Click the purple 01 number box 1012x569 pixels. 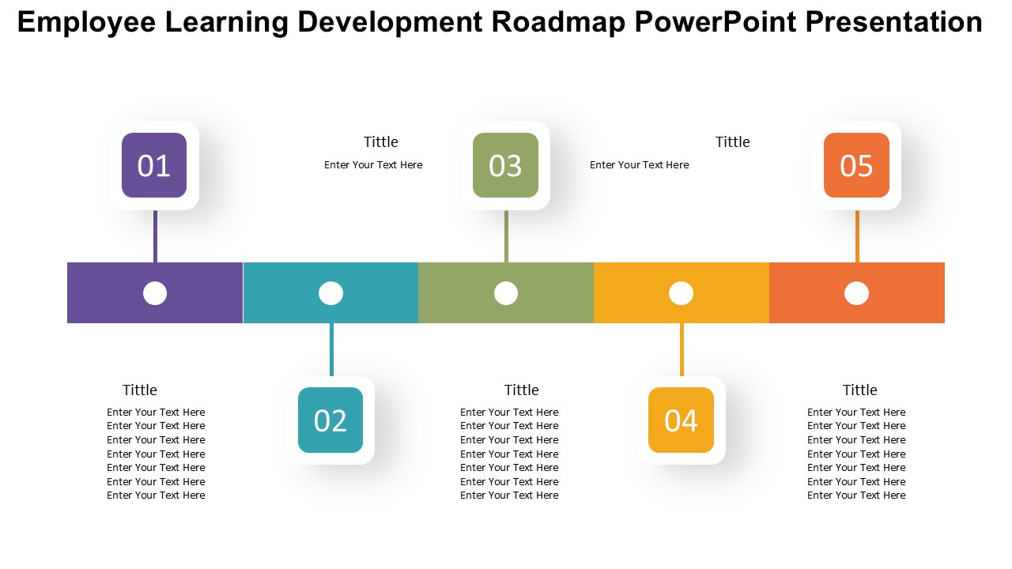click(x=154, y=165)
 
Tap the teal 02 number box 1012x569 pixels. click(x=330, y=420)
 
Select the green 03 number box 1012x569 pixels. click(x=505, y=165)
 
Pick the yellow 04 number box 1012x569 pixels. click(x=681, y=420)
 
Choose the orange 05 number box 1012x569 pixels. click(x=856, y=165)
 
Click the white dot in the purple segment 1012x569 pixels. click(x=155, y=293)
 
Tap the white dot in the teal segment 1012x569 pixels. click(x=330, y=293)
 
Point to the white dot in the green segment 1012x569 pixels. click(x=506, y=293)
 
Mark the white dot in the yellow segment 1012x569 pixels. click(x=681, y=293)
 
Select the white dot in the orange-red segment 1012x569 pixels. click(x=856, y=293)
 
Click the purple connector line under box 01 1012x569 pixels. click(x=156, y=236)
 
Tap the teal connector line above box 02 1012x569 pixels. click(x=331, y=349)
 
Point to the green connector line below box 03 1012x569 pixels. click(x=506, y=236)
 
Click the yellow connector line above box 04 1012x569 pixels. click(x=682, y=349)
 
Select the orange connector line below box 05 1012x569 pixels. click(x=857, y=236)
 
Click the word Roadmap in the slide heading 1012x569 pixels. click(x=558, y=21)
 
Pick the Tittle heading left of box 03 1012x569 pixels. click(x=381, y=141)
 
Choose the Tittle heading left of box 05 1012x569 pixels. click(x=732, y=141)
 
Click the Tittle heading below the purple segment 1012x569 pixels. click(x=140, y=390)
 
